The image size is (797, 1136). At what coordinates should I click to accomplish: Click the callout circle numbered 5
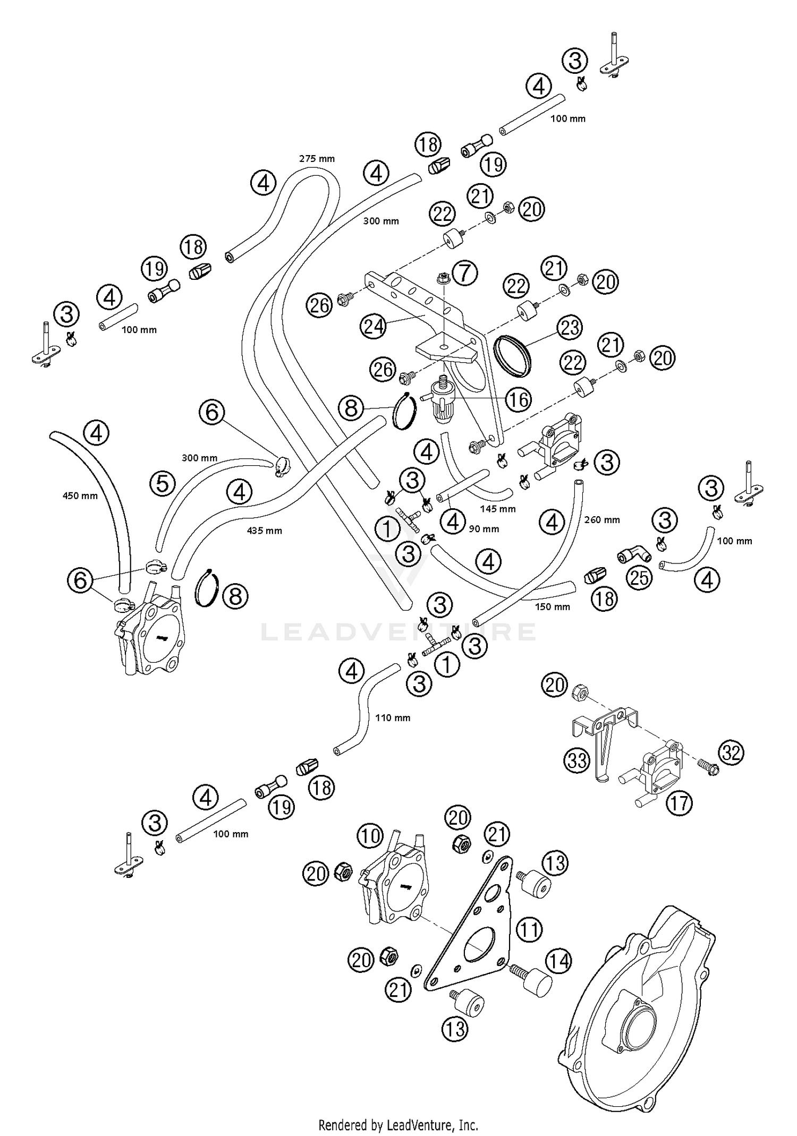point(162,483)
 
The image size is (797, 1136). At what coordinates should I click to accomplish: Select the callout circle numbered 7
point(465,273)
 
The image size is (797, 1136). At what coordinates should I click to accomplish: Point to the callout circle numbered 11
point(529,929)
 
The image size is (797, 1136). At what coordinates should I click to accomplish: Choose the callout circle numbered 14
point(558,961)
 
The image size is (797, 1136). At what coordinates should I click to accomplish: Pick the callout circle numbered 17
point(679,803)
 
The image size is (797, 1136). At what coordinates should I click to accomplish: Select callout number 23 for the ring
point(570,327)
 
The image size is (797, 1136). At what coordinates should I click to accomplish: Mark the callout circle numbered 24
point(374,326)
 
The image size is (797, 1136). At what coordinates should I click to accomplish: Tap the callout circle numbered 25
point(639,577)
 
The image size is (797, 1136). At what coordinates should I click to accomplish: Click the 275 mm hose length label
point(317,158)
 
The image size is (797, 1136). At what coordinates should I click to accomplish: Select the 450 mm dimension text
point(80,496)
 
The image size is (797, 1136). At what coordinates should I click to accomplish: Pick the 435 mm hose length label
point(265,530)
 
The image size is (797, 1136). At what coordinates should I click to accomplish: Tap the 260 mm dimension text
point(601,519)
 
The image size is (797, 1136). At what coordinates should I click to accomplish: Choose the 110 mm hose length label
point(393,718)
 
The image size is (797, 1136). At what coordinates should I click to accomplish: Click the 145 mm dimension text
point(497,509)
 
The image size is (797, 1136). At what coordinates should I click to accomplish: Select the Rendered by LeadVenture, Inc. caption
point(398,1125)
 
